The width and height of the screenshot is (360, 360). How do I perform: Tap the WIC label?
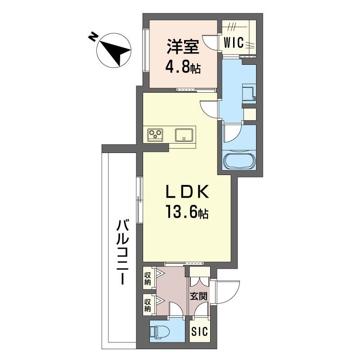point(234,43)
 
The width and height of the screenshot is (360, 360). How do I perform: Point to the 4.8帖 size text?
point(182,69)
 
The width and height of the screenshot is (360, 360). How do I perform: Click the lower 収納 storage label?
point(148,304)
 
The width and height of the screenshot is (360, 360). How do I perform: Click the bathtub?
point(239,161)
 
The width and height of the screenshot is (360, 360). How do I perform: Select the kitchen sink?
point(184,135)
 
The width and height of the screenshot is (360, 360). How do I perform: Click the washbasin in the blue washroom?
point(248,93)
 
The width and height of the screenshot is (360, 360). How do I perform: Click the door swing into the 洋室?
point(210,42)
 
